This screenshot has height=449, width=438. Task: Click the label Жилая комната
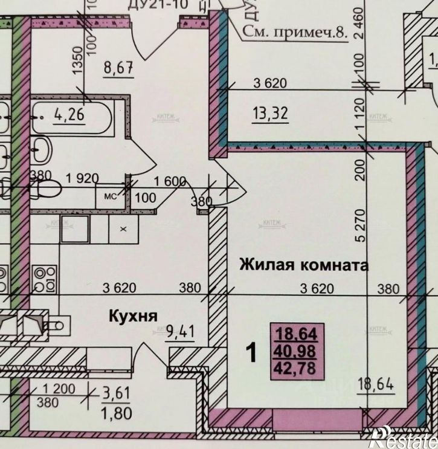(304, 265)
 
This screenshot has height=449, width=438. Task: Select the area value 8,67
(118, 69)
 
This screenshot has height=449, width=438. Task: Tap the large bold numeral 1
(253, 351)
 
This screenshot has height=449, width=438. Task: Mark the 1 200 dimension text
(59, 389)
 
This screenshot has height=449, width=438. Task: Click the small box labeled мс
(111, 196)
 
